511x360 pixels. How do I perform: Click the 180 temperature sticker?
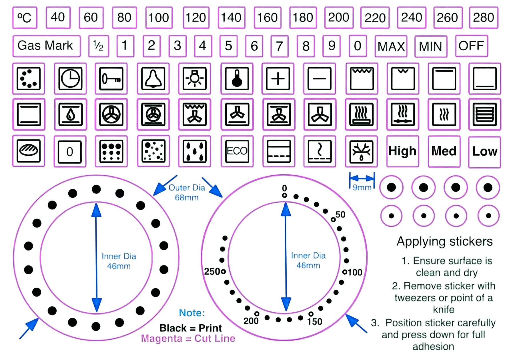tap(303, 18)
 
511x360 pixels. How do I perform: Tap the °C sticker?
tap(25, 18)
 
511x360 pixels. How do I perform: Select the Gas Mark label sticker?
tap(46, 46)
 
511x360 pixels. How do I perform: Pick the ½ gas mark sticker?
tap(98, 46)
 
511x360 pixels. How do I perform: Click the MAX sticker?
tap(391, 46)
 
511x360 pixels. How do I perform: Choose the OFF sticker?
tap(471, 46)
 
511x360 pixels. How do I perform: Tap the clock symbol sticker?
tap(70, 79)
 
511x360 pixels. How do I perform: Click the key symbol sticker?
tap(111, 79)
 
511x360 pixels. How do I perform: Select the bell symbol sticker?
tap(153, 79)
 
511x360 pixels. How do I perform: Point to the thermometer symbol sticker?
tap(237, 79)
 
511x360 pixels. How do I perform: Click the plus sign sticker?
tap(278, 79)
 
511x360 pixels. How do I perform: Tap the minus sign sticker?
tap(320, 79)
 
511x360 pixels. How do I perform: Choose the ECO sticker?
tap(237, 151)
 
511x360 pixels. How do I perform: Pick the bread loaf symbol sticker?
tap(29, 151)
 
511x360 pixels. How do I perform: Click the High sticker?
tap(402, 151)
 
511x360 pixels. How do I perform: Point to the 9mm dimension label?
tap(362, 187)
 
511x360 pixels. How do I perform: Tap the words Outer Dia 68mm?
tap(187, 193)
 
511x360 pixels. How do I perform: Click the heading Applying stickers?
tap(445, 242)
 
